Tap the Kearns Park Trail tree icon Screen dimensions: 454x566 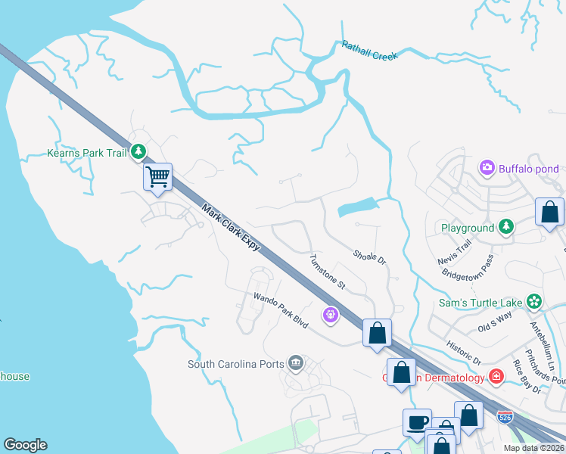pos(138,153)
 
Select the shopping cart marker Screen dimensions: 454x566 pos(157,178)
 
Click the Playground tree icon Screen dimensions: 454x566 pos(506,227)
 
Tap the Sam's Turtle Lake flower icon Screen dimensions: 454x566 pos(534,302)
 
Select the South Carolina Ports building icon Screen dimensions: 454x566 pos(296,364)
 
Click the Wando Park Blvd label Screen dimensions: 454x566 pos(281,311)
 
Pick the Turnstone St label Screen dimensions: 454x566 pos(327,272)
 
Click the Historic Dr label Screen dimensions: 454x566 pos(465,353)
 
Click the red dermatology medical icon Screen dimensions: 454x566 pos(496,375)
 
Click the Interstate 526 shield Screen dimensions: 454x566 pos(506,417)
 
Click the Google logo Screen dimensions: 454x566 pos(25,445)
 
